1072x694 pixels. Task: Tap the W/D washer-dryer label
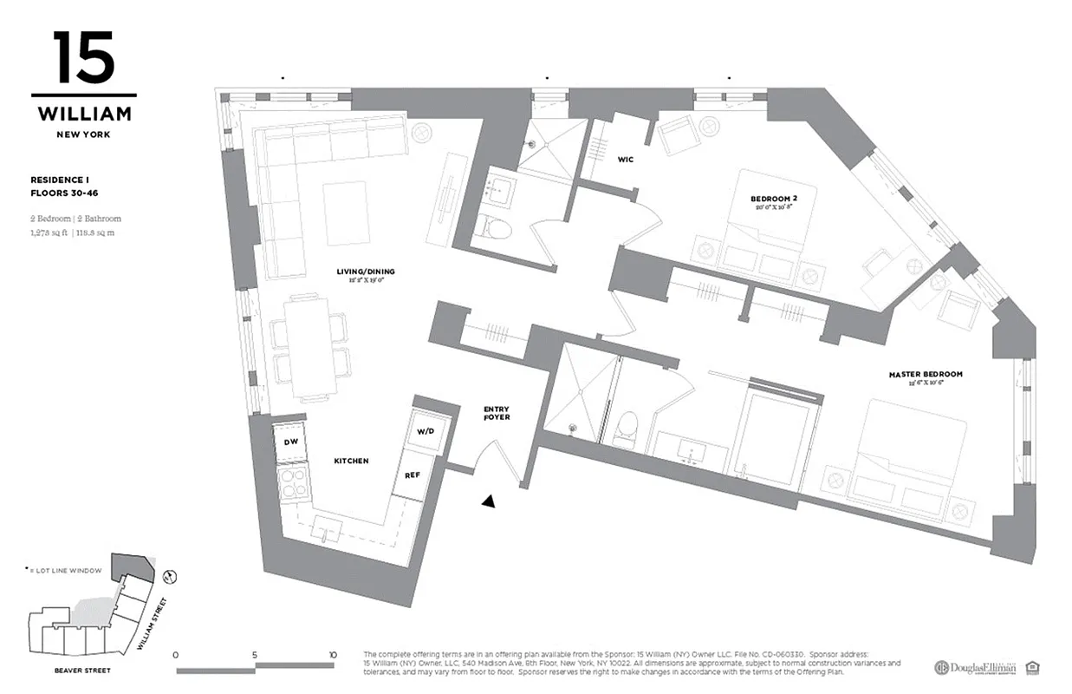pyautogui.click(x=425, y=431)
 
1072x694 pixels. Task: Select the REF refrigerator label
pyautogui.click(x=413, y=475)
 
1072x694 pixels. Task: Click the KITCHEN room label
pyautogui.click(x=352, y=461)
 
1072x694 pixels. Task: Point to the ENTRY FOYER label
pyautogui.click(x=497, y=413)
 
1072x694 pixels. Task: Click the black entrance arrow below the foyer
pyautogui.click(x=490, y=501)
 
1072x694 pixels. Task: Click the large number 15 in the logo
pyautogui.click(x=83, y=58)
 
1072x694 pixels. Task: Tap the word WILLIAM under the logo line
pyautogui.click(x=84, y=114)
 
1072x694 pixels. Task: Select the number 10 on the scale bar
pyautogui.click(x=332, y=655)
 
